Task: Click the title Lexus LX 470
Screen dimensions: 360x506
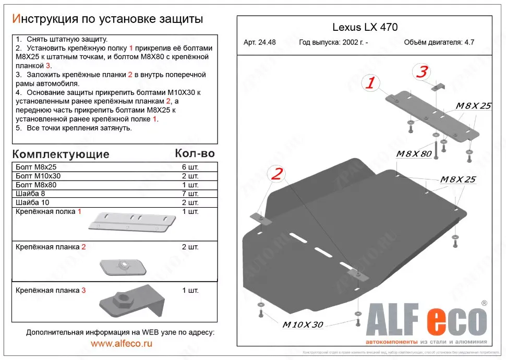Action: (x=365, y=28)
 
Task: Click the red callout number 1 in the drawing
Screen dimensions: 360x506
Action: (x=370, y=82)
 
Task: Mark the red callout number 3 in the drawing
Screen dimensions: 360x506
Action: (x=422, y=73)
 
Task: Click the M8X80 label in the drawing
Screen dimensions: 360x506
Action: (x=414, y=154)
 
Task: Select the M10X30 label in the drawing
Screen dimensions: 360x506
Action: (x=303, y=325)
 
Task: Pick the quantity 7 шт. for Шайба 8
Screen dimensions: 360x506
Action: (x=190, y=194)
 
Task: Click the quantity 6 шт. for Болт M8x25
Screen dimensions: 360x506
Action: (x=190, y=167)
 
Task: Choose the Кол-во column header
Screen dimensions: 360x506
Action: (x=195, y=154)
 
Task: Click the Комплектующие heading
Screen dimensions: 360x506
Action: (x=61, y=154)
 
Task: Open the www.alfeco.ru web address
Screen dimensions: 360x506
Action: (x=122, y=343)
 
